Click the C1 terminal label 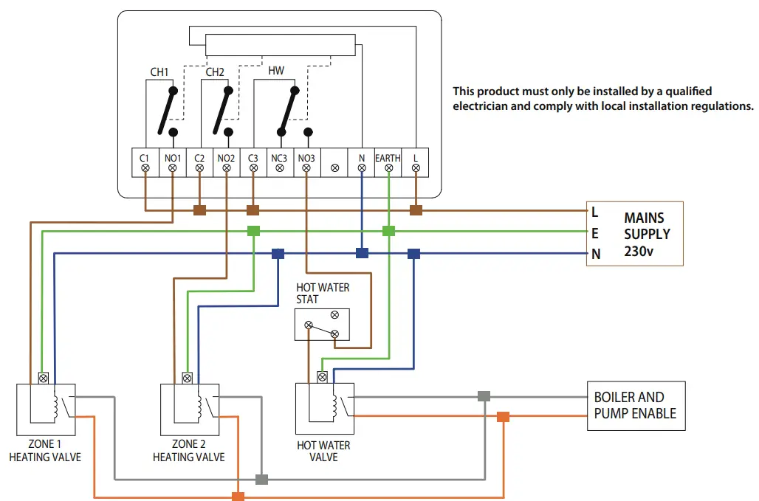click(145, 158)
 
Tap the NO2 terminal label click(226, 158)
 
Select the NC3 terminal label click(280, 158)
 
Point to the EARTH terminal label click(388, 158)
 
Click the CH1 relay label click(159, 72)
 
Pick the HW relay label click(276, 71)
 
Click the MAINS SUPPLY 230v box click(635, 233)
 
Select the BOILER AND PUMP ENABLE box click(635, 406)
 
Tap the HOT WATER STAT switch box click(322, 325)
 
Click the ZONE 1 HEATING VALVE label click(45, 451)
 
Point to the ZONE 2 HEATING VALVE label click(189, 451)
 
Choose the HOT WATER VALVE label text click(323, 452)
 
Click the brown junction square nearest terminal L click(416, 210)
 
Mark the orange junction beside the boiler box click(503, 417)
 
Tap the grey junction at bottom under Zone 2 click(261, 480)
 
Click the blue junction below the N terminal click(362, 253)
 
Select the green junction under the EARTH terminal click(388, 231)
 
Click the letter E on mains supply click(595, 233)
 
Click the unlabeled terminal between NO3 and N click(334, 168)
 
